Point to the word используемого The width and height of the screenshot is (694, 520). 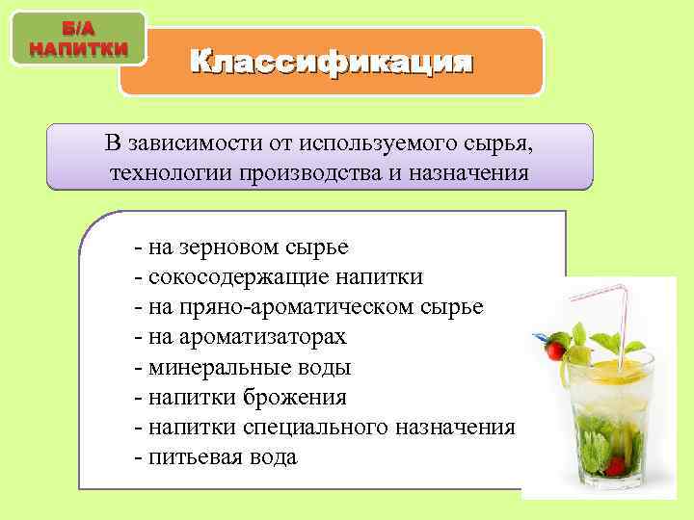pos(364,144)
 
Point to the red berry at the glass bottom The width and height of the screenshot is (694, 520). pos(614,466)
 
